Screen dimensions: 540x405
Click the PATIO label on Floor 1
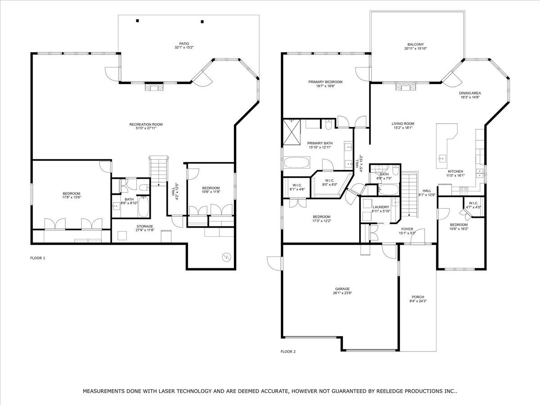(x=184, y=44)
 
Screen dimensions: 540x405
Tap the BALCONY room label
(x=415, y=45)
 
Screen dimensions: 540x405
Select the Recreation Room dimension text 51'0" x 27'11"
(x=146, y=128)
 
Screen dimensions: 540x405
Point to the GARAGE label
(x=342, y=289)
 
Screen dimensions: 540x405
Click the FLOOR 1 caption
(x=38, y=258)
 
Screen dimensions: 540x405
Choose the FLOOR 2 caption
(x=288, y=351)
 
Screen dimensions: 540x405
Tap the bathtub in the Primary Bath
(x=297, y=162)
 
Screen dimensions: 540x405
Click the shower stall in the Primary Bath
(x=292, y=132)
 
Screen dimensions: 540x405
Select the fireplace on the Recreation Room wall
(x=154, y=88)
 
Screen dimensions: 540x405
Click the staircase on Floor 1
(x=159, y=171)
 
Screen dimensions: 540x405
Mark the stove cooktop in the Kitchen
(x=464, y=189)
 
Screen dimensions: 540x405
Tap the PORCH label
(x=418, y=297)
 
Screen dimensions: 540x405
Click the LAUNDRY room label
(x=381, y=207)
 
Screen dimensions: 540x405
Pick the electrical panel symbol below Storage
(x=226, y=257)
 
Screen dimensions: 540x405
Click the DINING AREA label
(x=470, y=93)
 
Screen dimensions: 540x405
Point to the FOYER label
(x=407, y=229)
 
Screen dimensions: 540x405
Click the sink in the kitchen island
(x=442, y=157)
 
